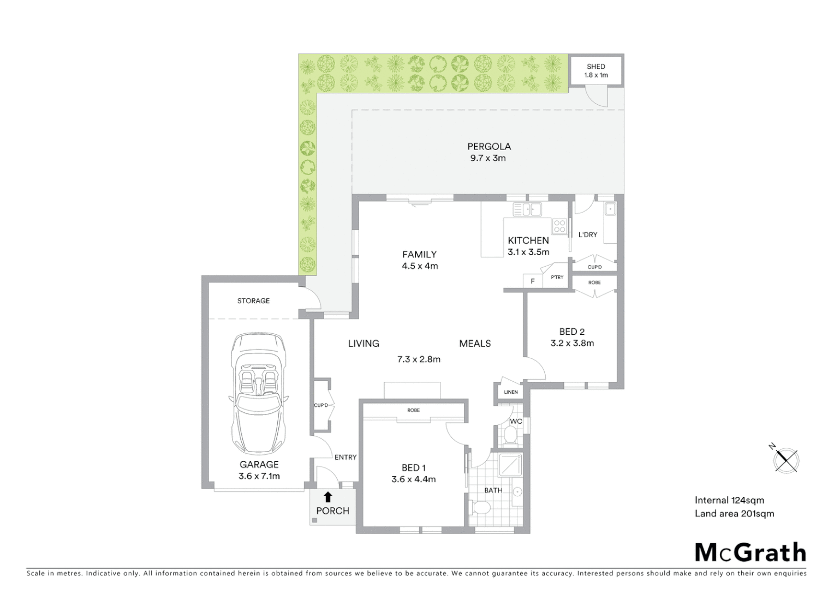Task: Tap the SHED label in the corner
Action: tap(595, 67)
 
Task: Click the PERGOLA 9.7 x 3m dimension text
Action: tap(488, 158)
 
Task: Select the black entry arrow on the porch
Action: tap(327, 496)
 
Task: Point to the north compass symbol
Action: tap(785, 460)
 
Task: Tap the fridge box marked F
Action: tap(533, 281)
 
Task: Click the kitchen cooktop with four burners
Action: tap(559, 226)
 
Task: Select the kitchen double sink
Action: tap(527, 209)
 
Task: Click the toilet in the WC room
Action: tap(510, 435)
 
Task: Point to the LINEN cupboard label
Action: tap(510, 392)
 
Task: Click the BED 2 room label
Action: tap(571, 332)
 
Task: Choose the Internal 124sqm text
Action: tap(729, 500)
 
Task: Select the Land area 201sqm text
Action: tap(734, 513)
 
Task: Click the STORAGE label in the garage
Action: tap(253, 300)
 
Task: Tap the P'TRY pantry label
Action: tap(557, 278)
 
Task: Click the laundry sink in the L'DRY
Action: tap(610, 209)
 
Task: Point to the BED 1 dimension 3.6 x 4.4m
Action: tap(413, 479)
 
